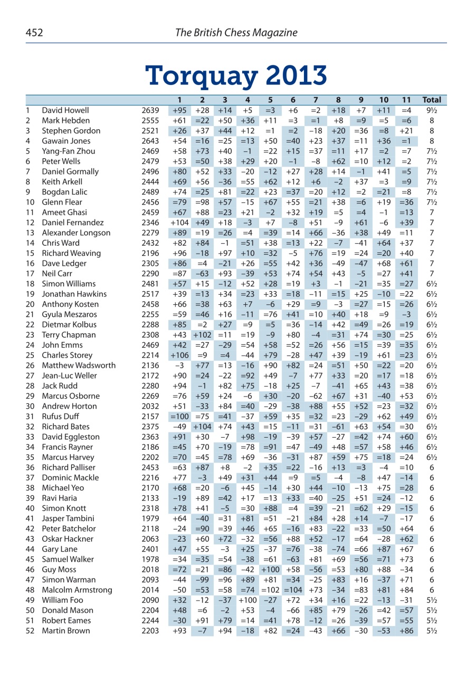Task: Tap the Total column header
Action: coord(432,100)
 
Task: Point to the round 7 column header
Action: coord(315,100)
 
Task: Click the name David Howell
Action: coord(65,110)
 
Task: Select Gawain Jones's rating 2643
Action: coord(150,141)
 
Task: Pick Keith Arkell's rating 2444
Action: coord(150,181)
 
